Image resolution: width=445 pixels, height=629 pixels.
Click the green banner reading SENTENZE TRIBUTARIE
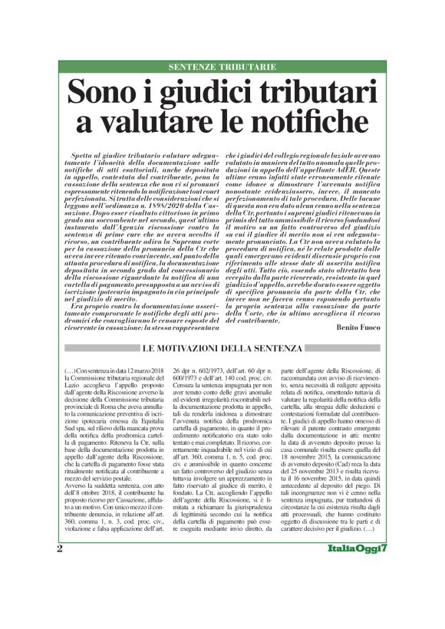(222, 68)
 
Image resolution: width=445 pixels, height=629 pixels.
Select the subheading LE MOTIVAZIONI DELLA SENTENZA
(222, 349)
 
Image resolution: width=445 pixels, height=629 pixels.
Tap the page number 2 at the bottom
(60, 592)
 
